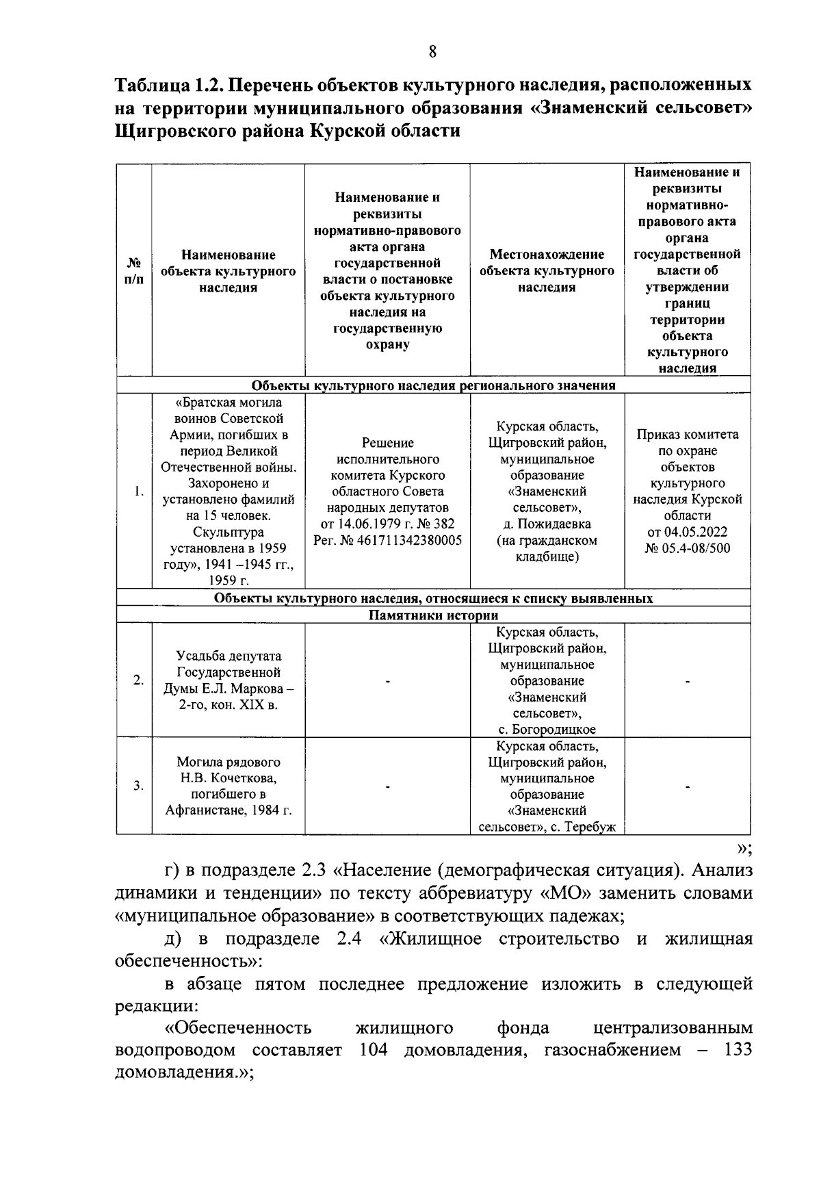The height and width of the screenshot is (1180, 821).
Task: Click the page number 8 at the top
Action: (432, 51)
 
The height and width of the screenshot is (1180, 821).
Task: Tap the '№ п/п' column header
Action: (135, 271)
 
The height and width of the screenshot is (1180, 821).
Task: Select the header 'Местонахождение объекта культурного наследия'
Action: (547, 271)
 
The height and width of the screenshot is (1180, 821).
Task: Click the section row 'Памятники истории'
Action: (434, 615)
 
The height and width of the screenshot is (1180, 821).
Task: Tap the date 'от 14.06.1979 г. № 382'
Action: (388, 524)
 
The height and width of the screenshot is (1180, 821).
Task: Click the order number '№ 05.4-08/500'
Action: (687, 548)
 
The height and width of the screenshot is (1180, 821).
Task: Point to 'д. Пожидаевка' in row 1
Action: (547, 524)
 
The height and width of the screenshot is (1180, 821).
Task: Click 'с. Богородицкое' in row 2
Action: (547, 730)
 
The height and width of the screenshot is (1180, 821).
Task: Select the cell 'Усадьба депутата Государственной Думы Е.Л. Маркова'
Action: (228, 680)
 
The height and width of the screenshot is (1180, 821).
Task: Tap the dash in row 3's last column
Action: (687, 786)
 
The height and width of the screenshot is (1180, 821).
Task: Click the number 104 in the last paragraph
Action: (373, 1050)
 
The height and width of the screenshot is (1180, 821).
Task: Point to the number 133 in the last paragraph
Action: (738, 1050)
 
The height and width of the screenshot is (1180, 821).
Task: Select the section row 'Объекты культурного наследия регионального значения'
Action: (434, 385)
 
